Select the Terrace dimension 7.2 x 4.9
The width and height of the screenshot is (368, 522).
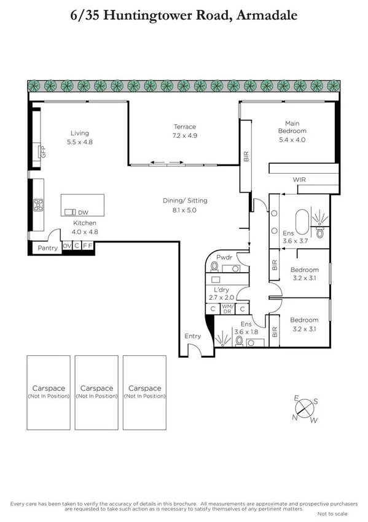click(x=184, y=135)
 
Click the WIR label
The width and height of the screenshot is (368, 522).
click(x=299, y=180)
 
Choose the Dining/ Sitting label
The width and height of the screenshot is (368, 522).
click(x=185, y=201)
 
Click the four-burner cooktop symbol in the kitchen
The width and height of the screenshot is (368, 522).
click(x=37, y=204)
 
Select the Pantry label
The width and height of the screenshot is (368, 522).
click(x=47, y=248)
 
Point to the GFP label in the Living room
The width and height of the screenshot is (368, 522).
click(x=43, y=151)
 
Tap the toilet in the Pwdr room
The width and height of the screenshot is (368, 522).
click(x=214, y=267)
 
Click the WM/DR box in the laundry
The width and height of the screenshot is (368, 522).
click(x=227, y=309)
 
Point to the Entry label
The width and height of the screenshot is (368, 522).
click(x=192, y=336)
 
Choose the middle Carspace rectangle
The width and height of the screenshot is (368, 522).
click(x=96, y=392)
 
